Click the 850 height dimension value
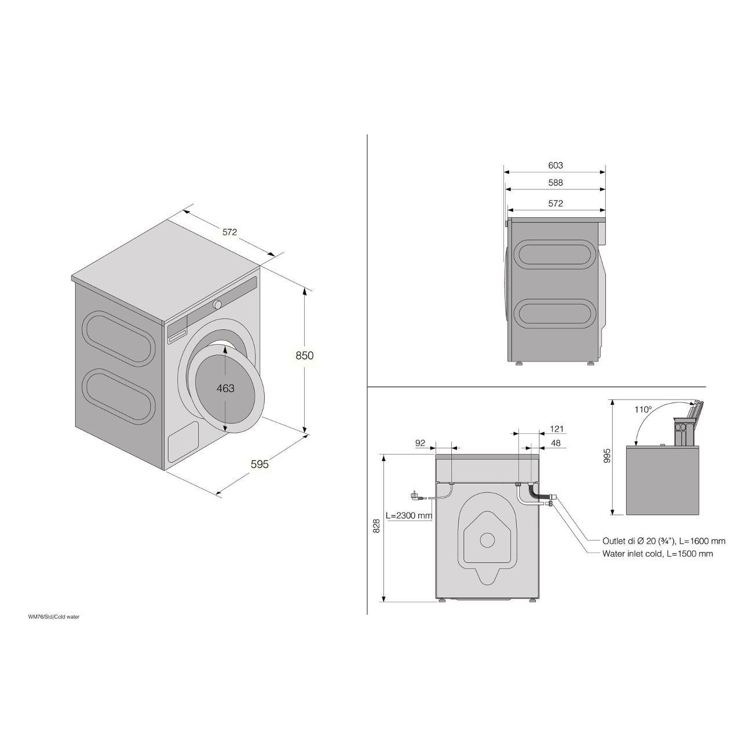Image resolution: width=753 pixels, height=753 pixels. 305,355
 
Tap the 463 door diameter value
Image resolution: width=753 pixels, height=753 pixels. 225,388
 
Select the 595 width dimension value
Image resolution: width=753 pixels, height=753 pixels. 260,464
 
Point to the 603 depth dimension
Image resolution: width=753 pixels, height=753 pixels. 555,165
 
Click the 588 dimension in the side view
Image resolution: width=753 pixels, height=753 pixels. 555,182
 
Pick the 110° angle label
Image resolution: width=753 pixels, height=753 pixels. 643,410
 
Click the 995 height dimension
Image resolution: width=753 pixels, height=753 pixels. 606,456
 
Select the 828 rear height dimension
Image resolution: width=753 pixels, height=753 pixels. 376,525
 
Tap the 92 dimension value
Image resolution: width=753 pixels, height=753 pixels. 420,443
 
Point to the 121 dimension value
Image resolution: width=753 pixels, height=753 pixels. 557,429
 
